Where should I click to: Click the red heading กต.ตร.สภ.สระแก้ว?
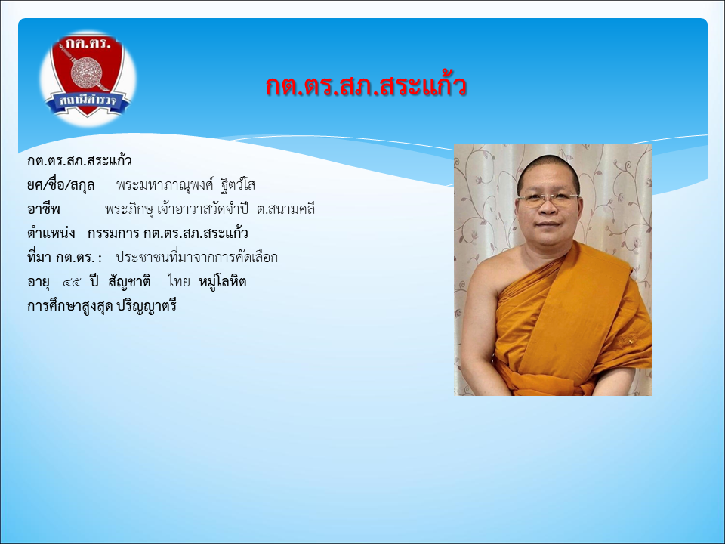[x=366, y=86]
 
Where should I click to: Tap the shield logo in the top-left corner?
[x=88, y=76]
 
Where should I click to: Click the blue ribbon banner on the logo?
[x=88, y=102]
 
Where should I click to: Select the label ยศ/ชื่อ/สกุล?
[x=61, y=185]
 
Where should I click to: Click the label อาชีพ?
[x=44, y=209]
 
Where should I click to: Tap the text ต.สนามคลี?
[x=285, y=209]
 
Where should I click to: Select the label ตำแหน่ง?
[x=51, y=233]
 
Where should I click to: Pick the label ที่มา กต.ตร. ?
[x=65, y=257]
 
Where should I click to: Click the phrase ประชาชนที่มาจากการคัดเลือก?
[x=196, y=257]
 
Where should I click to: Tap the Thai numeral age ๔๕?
[x=72, y=282]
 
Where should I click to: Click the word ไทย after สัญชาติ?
[x=179, y=281]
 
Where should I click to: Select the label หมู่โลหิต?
[x=222, y=281]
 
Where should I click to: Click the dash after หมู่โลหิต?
[x=265, y=282]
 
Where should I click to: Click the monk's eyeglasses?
[x=548, y=199]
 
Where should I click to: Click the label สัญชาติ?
[x=129, y=281]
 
